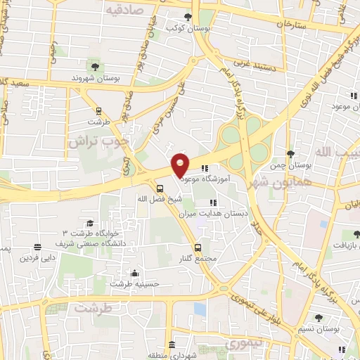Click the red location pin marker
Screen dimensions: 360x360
point(180,165)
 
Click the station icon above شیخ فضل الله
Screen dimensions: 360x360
point(160,188)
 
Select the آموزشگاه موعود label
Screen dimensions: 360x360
point(211,179)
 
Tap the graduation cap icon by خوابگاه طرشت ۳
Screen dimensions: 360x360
point(89,223)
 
